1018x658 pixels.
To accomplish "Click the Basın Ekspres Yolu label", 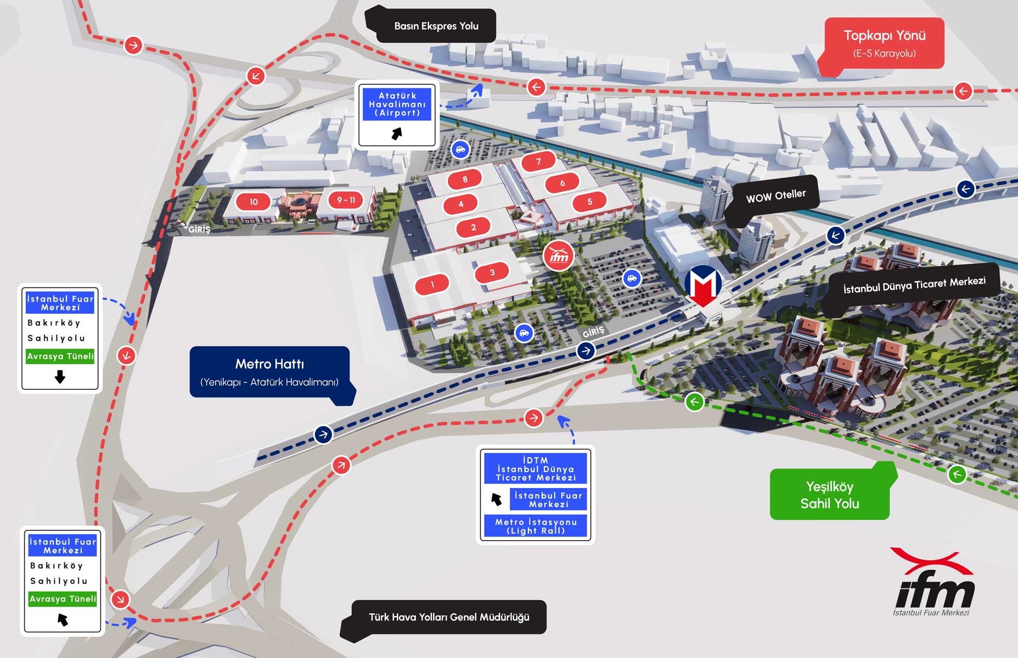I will coord(436,26).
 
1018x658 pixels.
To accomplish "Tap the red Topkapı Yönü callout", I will coord(884,43).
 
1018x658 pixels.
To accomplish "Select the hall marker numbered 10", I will coord(254,202).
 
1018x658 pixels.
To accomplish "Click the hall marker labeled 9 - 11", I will coord(346,200).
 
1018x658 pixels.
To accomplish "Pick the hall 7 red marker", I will coord(538,161).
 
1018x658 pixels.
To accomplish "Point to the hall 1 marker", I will coord(432,284).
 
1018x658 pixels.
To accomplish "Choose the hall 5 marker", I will coord(590,202).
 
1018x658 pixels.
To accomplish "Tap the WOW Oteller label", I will coord(775,196).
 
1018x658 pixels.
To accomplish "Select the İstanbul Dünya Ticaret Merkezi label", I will coord(914,285).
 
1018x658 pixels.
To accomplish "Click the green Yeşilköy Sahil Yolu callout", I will coord(829,495).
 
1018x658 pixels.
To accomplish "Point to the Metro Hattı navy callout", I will coord(269,372).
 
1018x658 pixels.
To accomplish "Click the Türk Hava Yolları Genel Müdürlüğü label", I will coord(449,617).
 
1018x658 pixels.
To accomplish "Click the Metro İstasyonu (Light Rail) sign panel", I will coord(536,526).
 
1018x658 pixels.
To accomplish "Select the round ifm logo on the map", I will coord(559,256).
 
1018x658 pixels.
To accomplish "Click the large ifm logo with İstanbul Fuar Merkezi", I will coord(933,584).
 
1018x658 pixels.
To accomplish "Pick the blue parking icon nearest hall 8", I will coord(460,149).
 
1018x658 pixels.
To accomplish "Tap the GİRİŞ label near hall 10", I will coord(199,230).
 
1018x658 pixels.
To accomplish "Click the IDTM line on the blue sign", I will coord(536,460).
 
